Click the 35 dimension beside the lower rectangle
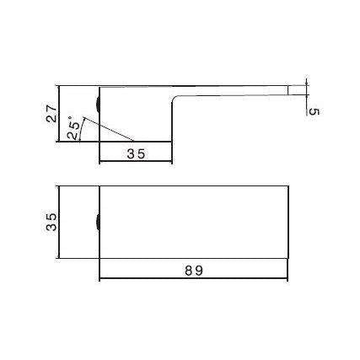point(51,222)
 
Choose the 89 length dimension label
point(196,271)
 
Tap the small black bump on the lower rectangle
point(98,223)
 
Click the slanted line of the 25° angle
point(114,131)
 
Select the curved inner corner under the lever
point(175,100)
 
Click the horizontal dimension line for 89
point(196,280)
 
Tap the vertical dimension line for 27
point(58,114)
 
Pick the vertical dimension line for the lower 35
point(58,223)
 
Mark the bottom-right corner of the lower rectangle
point(290,259)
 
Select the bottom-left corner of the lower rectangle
point(100,259)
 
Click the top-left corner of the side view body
point(100,85)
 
